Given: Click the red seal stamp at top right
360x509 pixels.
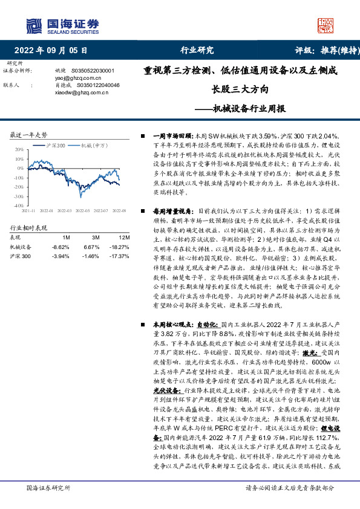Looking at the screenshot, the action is [x=326, y=25].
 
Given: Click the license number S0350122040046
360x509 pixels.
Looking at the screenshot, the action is [x=93, y=85].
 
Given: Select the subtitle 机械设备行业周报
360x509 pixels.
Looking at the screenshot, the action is [x=245, y=109].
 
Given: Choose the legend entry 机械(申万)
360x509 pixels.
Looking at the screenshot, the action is [x=94, y=146].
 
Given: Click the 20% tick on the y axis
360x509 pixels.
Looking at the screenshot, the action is [x=19, y=149].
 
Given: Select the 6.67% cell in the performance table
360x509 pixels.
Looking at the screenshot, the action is [x=91, y=247].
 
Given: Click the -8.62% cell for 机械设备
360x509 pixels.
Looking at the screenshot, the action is [x=61, y=247].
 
